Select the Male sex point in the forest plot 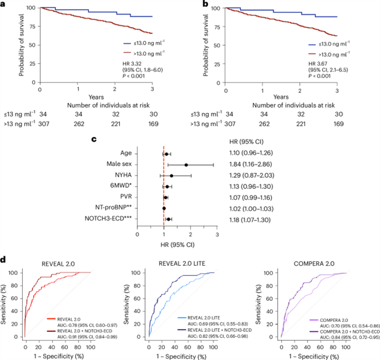186,164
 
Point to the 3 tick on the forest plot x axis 217,235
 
